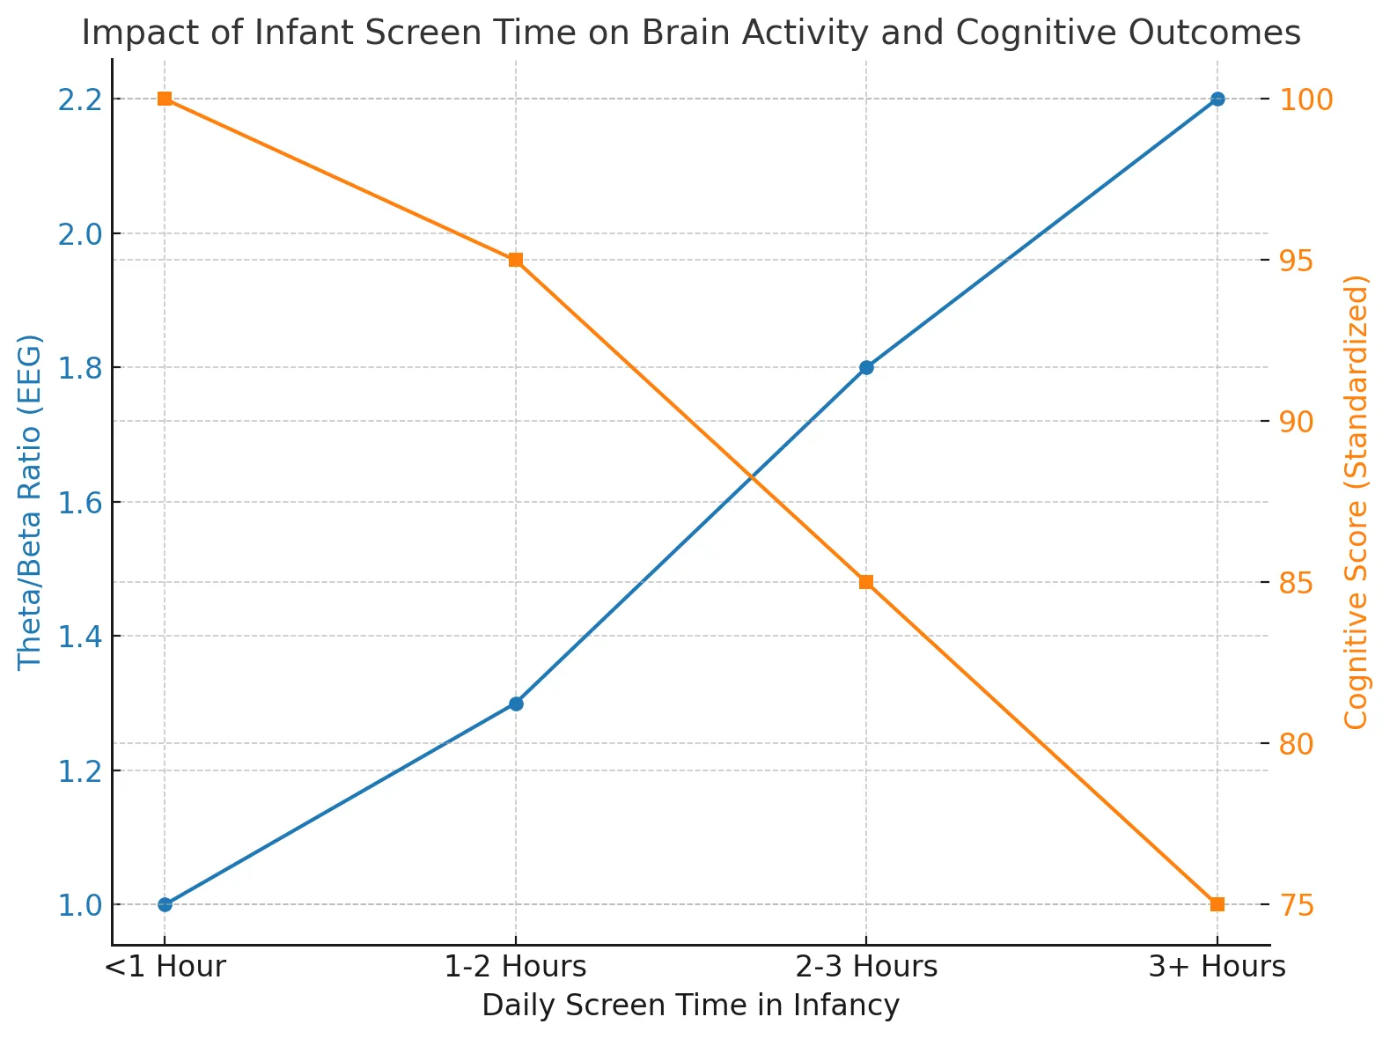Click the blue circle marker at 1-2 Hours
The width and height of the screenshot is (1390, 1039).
516,704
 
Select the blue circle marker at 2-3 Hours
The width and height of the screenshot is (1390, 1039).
865,367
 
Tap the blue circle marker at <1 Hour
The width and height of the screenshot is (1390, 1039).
165,904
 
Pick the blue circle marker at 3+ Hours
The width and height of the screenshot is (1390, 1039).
1217,99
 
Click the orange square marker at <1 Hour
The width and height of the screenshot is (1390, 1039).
165,98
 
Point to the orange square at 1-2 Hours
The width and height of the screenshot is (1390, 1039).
516,260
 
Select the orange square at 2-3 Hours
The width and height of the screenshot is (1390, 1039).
865,582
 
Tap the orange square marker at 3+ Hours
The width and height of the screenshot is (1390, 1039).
1217,904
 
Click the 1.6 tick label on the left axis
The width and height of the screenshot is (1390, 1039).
80,503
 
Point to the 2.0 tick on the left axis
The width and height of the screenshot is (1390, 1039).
80,234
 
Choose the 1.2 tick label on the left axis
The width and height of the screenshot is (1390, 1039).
80,771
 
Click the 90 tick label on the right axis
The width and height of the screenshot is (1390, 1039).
1296,422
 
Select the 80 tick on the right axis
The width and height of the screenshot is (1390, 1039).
1296,744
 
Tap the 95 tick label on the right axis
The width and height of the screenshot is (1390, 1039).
1296,261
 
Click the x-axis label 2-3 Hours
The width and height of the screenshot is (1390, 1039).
865,967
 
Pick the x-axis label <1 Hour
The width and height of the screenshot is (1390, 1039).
165,967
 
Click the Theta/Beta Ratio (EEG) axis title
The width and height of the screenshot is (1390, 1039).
29,502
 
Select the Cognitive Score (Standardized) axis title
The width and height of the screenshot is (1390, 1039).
1355,502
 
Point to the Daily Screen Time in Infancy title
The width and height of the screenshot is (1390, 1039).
690,1006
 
